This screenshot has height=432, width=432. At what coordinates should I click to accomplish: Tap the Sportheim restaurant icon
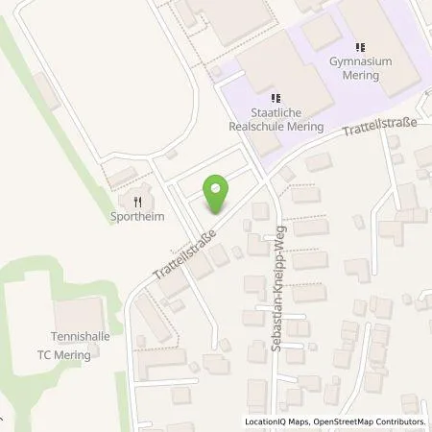(x=138, y=202)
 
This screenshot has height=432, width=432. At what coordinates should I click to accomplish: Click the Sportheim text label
(x=138, y=217)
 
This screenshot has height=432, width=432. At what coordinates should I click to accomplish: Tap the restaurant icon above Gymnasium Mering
(x=361, y=47)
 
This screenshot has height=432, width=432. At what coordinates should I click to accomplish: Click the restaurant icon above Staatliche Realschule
(x=275, y=97)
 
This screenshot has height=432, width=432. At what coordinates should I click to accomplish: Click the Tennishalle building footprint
(x=76, y=313)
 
